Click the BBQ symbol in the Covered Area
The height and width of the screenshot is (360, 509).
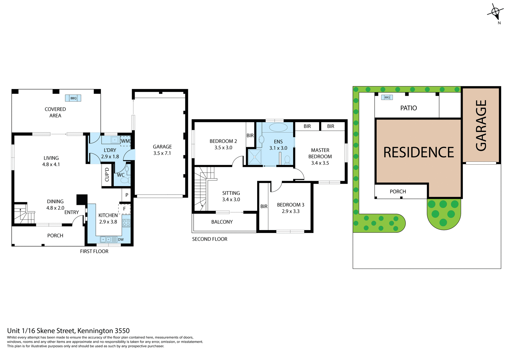click(x=73, y=98)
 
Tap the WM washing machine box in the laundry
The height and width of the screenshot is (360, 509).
click(x=125, y=141)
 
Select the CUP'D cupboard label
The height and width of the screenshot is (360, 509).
click(x=107, y=174)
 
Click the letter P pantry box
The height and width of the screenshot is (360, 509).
click(x=127, y=195)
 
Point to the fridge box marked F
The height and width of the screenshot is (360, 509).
click(x=124, y=209)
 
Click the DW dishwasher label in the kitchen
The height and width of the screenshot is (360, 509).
click(x=121, y=240)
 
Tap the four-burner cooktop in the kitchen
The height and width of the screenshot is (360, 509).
click(x=126, y=223)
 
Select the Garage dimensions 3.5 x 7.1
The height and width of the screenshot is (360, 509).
click(x=162, y=153)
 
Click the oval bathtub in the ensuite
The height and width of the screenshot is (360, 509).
click(x=278, y=127)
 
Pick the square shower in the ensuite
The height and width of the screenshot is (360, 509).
click(x=254, y=157)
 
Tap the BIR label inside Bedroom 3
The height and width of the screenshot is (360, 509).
click(x=264, y=207)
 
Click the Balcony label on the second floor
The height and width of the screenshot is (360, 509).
click(x=222, y=222)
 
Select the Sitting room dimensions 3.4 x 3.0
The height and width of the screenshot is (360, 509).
click(x=231, y=200)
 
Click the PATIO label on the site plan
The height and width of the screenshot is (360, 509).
click(x=409, y=108)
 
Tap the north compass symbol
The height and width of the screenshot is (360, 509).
click(x=495, y=12)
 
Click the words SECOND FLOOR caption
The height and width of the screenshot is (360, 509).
click(x=210, y=239)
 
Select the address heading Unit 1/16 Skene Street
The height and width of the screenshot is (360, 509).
click(x=68, y=331)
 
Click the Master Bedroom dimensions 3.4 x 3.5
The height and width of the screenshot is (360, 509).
click(x=320, y=163)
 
